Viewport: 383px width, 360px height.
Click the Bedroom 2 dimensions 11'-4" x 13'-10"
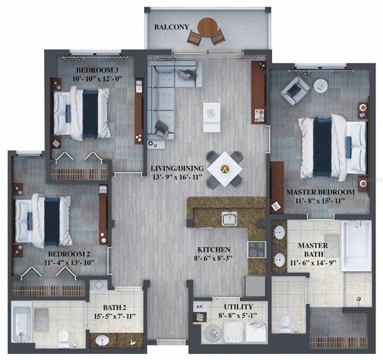pyautogui.click(x=60, y=261)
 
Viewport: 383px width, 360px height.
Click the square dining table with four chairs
pyautogui.click(x=224, y=166)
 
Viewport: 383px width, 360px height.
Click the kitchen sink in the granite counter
pyautogui.click(x=229, y=219)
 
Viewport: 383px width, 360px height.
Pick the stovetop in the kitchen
pyautogui.click(x=257, y=249)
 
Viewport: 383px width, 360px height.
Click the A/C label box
pyautogui.click(x=199, y=307)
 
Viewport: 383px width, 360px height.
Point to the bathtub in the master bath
pyautogui.click(x=355, y=247)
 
